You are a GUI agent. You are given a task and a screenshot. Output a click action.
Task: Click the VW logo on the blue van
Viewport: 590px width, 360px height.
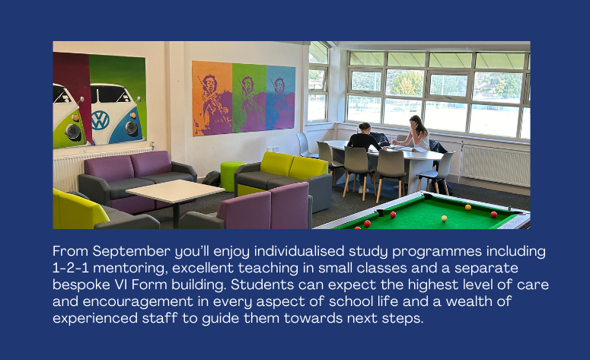tap(100, 120)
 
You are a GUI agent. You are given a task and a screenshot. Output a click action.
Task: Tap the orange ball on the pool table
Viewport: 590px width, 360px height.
tap(468, 207)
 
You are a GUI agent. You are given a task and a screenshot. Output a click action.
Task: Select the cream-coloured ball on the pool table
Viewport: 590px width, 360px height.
tap(444, 218)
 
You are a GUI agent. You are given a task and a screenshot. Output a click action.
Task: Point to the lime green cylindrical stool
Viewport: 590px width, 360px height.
tap(231, 176)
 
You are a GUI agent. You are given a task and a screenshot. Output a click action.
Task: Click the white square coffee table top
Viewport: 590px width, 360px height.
tap(175, 190)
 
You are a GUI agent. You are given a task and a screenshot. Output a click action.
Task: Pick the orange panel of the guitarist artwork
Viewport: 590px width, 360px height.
tap(212, 98)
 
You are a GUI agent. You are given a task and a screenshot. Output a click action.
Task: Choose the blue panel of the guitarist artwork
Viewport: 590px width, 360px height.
tap(280, 97)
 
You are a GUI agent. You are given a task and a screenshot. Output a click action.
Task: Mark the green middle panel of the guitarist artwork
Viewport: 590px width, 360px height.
tap(249, 98)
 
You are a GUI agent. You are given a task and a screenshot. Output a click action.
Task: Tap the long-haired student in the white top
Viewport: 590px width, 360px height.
tap(416, 132)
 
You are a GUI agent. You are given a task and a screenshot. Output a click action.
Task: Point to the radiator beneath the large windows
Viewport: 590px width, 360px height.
tap(496, 165)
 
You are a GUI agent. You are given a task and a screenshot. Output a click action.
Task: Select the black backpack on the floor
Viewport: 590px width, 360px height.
tap(212, 178)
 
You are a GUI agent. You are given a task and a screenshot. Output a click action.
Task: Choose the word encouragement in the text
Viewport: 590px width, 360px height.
tap(138, 301)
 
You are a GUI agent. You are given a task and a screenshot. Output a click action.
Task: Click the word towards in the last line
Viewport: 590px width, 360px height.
tap(313, 318)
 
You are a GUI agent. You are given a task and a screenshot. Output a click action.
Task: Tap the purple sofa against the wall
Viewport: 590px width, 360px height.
tap(137, 180)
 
